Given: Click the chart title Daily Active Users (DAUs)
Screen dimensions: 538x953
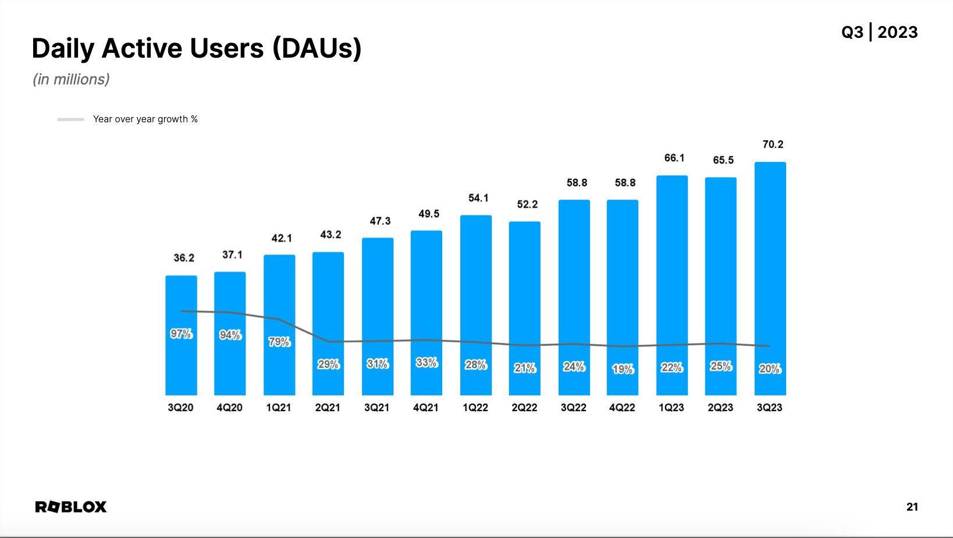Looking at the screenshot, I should [x=197, y=48].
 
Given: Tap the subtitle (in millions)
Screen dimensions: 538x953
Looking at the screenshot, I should [x=71, y=79].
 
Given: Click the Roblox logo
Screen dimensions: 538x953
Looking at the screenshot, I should [x=71, y=507].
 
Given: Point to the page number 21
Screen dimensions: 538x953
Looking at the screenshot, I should [x=912, y=507].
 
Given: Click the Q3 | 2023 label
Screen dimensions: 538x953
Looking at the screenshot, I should [x=879, y=32].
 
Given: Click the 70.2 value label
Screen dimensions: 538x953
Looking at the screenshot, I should [x=773, y=144].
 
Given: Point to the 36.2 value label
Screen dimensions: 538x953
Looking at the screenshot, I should [x=184, y=258].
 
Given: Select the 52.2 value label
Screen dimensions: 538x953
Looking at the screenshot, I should [x=527, y=204].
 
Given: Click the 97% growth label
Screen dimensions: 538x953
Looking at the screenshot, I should [x=181, y=334].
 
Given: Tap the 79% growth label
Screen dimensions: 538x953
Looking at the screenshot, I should [x=279, y=342].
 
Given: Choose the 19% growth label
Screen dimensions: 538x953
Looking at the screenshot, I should [x=623, y=369].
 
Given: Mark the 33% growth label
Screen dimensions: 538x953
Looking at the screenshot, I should [x=426, y=363].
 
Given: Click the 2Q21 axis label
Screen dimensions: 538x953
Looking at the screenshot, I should [x=328, y=408].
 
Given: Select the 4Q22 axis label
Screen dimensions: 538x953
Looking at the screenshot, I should [x=622, y=408].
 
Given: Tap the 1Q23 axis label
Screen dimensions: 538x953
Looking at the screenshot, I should [x=671, y=408].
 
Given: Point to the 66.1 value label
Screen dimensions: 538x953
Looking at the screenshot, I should [x=674, y=158].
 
